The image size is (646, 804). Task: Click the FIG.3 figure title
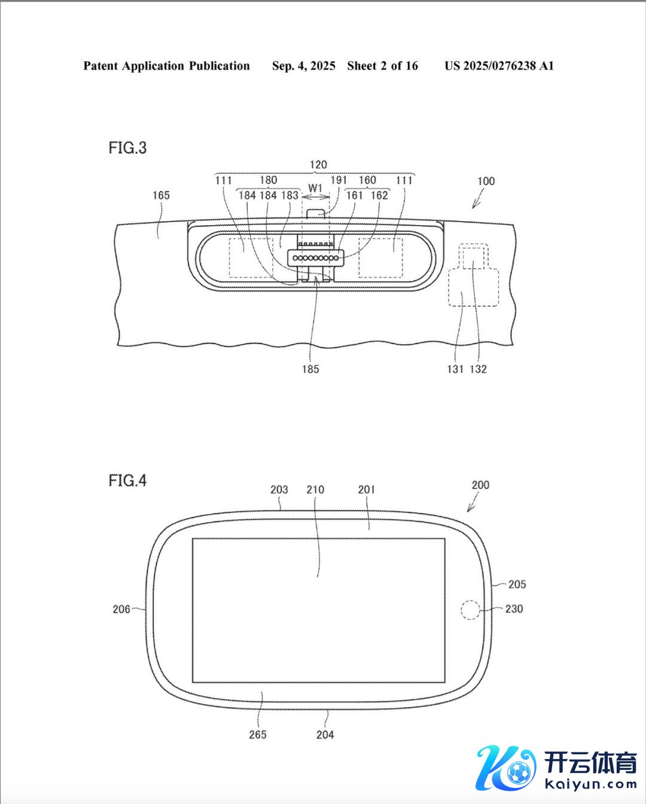[x=127, y=148]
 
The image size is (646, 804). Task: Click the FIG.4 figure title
[x=127, y=481]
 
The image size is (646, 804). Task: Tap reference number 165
[x=161, y=195]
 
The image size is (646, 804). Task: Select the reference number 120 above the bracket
[x=318, y=165]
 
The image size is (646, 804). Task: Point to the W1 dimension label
[x=315, y=188]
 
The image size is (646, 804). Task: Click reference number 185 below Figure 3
[x=310, y=369]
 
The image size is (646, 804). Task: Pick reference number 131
[x=455, y=369]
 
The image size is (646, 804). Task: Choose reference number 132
[x=479, y=369]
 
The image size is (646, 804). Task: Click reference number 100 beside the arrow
[x=486, y=181]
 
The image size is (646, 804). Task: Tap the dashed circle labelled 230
[x=470, y=611]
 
